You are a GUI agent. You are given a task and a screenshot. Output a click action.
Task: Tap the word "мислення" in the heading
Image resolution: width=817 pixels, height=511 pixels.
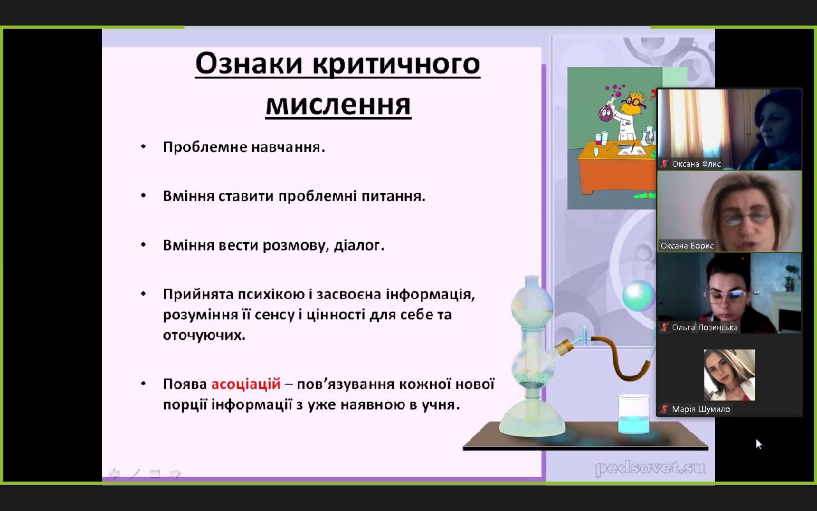(338, 105)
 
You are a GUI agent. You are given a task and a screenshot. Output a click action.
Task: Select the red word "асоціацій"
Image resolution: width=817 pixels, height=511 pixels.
(246, 385)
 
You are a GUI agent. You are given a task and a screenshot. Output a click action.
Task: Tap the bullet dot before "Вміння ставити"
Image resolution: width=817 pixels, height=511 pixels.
(144, 195)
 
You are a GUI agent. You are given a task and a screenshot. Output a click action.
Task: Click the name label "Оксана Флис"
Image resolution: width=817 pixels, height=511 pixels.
(696, 164)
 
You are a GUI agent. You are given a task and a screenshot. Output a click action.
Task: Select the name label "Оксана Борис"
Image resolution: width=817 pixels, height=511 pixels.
(687, 246)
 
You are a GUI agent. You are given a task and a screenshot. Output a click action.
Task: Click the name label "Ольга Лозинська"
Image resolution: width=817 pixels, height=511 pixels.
(705, 328)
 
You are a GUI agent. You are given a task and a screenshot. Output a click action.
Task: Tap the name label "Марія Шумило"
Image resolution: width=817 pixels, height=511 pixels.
(701, 409)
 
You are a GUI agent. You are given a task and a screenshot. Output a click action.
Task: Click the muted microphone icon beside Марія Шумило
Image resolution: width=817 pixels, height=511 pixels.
(664, 409)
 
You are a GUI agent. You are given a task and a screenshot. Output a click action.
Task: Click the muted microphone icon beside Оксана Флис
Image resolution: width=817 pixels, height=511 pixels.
(664, 164)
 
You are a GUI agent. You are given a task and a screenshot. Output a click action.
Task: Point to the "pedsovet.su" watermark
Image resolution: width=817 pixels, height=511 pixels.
(650, 468)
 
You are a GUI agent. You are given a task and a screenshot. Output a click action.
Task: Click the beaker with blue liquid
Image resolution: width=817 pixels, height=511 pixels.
(634, 415)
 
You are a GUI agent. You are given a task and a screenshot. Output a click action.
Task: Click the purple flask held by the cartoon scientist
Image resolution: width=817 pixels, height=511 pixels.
(606, 112)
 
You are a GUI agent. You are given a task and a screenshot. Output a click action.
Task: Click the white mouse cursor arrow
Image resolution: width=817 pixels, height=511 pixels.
(759, 444)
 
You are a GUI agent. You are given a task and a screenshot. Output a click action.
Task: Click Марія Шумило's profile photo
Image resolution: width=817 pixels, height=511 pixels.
(730, 375)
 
